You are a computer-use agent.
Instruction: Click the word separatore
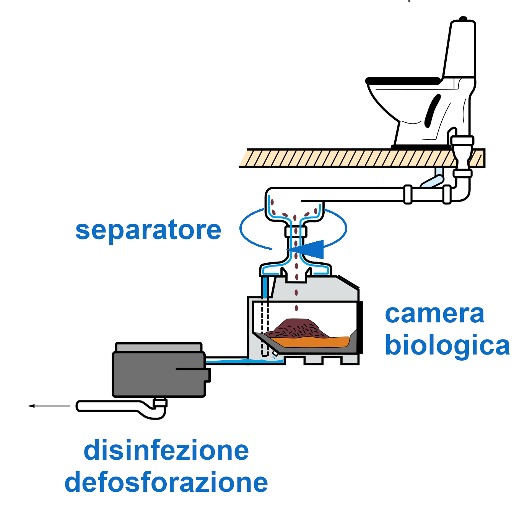click(x=148, y=230)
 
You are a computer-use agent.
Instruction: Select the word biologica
click(x=447, y=345)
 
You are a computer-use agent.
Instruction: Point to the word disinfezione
click(x=166, y=451)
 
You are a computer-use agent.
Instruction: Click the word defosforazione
click(x=166, y=483)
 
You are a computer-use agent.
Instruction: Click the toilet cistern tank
click(x=460, y=50)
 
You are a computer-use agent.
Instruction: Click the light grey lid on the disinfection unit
click(x=158, y=347)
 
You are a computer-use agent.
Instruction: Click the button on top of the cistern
click(x=463, y=18)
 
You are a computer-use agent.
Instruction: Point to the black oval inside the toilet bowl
click(x=432, y=111)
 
